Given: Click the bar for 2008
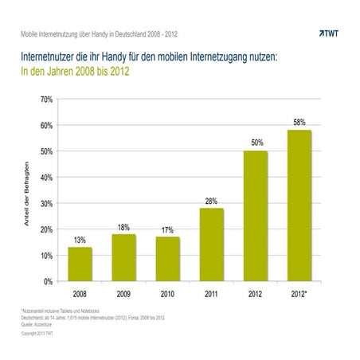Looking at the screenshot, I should pos(80,264).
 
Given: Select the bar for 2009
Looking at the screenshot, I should pos(123,257).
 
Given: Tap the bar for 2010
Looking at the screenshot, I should pos(167,259).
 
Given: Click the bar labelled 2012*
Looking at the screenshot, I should pos(299,205).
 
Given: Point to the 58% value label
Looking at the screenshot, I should pos(299,123).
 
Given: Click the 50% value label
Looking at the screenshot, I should pos(255,143).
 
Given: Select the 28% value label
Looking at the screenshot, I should pos(211,201).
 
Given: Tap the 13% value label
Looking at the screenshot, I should pos(80,240).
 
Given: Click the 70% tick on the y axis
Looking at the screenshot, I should pos(46,100).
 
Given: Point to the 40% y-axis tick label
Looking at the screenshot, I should pos(46,178).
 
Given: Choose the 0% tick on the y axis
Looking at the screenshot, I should pos(48,281).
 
